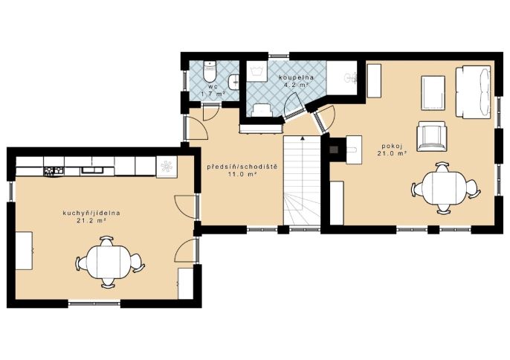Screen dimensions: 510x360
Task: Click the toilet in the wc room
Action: (210, 71)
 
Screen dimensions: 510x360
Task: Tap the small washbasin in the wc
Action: (234, 82)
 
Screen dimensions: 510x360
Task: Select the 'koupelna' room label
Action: (296, 77)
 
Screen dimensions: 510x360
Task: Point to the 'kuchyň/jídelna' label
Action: (91, 213)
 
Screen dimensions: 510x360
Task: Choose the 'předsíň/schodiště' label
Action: (242, 167)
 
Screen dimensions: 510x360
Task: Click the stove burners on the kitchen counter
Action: (54, 170)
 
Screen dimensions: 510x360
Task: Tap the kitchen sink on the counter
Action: (92, 170)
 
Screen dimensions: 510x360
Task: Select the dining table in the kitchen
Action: (109, 262)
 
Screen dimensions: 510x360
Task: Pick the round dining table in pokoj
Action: (445, 188)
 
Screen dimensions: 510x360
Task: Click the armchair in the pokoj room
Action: (432, 136)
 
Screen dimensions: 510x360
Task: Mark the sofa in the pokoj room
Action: (473, 91)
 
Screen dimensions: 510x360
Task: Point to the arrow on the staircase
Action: (303, 181)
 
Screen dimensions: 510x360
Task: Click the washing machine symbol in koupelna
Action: (257, 71)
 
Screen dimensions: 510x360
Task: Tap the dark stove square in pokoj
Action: (334, 150)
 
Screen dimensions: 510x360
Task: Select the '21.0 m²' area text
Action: (392, 153)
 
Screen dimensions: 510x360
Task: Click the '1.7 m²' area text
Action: (213, 94)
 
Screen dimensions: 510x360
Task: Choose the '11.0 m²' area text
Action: (242, 174)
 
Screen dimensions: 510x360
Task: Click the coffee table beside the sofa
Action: (433, 93)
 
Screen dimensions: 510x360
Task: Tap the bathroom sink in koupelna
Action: (351, 78)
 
